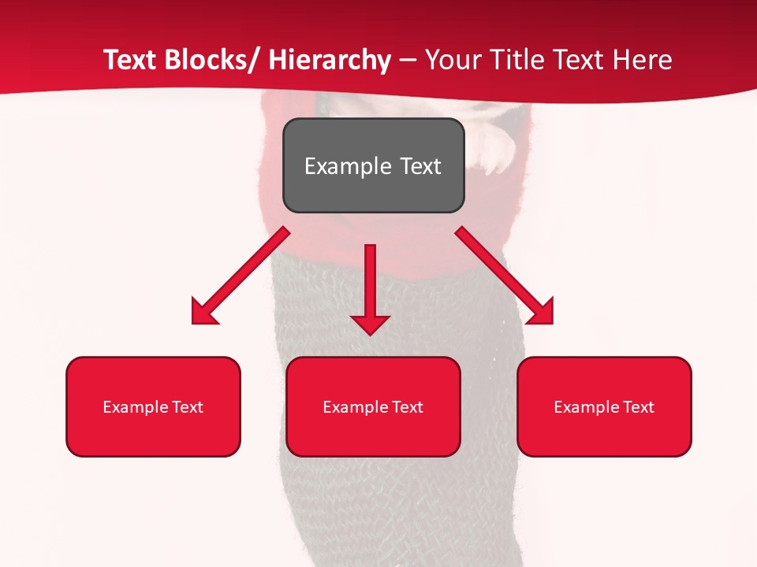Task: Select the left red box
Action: pyautogui.click(x=153, y=406)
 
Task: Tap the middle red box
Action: pyautogui.click(x=373, y=406)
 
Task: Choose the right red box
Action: pyautogui.click(x=604, y=406)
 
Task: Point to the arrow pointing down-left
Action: pyautogui.click(x=241, y=276)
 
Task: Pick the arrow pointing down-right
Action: pyautogui.click(x=505, y=276)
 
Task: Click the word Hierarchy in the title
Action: pyautogui.click(x=330, y=61)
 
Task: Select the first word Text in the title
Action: pyautogui.click(x=130, y=61)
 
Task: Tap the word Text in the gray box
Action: pyautogui.click(x=420, y=166)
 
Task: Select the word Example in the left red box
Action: pyautogui.click(x=135, y=407)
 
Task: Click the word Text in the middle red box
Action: pyautogui.click(x=408, y=407)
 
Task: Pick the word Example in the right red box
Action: pyautogui.click(x=586, y=407)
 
